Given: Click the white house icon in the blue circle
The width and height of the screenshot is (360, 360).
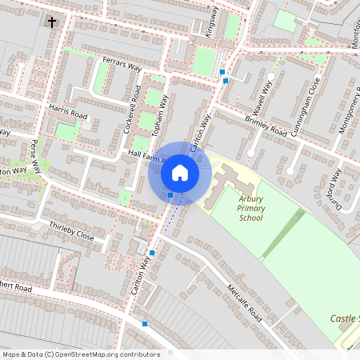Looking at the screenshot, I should pyautogui.click(x=180, y=172).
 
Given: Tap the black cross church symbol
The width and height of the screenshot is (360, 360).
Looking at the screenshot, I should pyautogui.click(x=53, y=22).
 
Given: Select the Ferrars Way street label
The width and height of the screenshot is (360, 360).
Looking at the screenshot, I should pyautogui.click(x=121, y=66).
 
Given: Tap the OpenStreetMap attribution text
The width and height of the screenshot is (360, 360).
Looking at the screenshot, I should pyautogui.click(x=82, y=354).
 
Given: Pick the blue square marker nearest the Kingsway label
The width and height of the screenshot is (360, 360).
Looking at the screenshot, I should pyautogui.click(x=222, y=73).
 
